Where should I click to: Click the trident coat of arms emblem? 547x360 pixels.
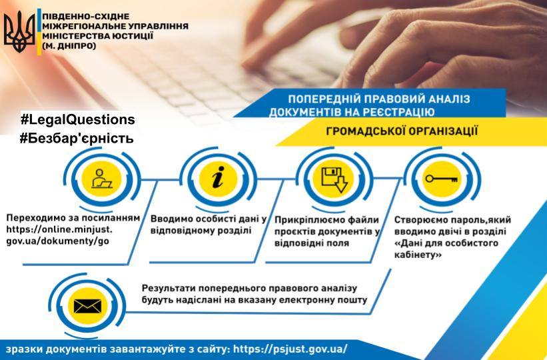(19, 31)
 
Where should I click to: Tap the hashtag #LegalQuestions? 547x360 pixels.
(77, 119)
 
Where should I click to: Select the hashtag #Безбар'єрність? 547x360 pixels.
(77, 138)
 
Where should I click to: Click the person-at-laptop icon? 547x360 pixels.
(101, 179)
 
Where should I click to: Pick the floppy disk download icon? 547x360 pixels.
(334, 180)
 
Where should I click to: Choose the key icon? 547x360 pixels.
(442, 179)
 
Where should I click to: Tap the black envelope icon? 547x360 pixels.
(87, 306)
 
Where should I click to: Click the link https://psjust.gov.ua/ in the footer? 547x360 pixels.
(290, 349)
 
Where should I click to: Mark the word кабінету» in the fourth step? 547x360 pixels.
(418, 255)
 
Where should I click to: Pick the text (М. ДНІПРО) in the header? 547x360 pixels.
(69, 45)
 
